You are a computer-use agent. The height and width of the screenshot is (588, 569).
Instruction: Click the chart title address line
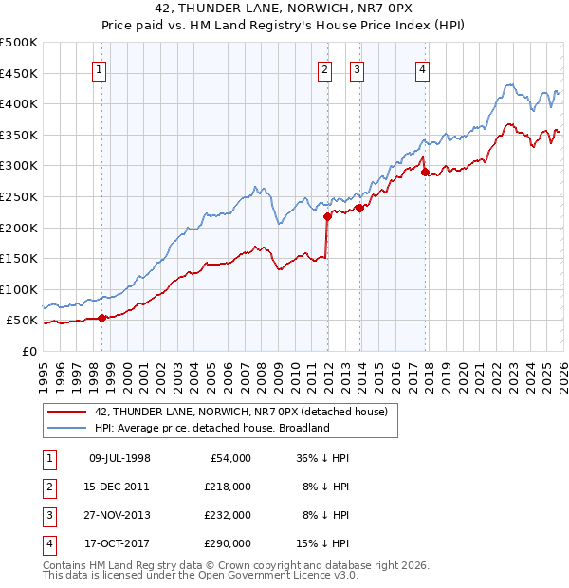click(284, 9)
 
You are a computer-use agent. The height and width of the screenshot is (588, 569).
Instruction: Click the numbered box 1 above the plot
click(100, 68)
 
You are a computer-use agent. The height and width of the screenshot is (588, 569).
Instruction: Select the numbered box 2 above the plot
click(324, 68)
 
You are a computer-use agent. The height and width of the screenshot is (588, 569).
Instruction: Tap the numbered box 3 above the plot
click(358, 68)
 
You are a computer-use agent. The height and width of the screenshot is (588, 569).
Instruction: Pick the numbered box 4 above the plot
click(421, 68)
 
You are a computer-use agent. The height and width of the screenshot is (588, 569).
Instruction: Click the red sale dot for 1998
click(101, 318)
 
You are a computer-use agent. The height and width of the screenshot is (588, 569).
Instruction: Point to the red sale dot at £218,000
click(327, 216)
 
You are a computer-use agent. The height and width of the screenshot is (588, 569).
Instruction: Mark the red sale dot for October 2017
click(425, 172)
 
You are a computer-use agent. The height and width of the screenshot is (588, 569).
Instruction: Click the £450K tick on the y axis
click(19, 73)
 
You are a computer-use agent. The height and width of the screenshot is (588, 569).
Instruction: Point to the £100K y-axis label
click(19, 289)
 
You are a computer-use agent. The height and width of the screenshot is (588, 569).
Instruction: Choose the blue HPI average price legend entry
click(211, 428)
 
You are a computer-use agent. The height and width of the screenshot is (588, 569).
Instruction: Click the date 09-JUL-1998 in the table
click(119, 458)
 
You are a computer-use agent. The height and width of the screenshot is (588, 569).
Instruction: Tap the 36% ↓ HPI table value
click(323, 458)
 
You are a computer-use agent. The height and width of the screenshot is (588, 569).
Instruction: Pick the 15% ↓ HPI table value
click(323, 543)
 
